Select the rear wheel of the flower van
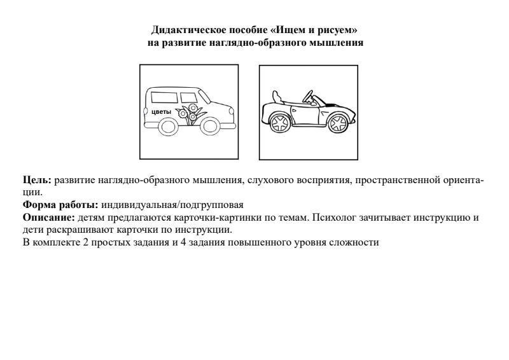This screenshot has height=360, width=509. [x=168, y=126]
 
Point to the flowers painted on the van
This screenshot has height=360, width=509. [x=190, y=113]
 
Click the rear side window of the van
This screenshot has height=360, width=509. [x=164, y=97]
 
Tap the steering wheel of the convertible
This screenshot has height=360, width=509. [x=309, y=97]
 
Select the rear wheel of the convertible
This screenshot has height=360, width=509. [x=279, y=121]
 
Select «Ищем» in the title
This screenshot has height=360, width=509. [x=282, y=30]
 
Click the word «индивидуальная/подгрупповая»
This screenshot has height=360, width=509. [x=172, y=205]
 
